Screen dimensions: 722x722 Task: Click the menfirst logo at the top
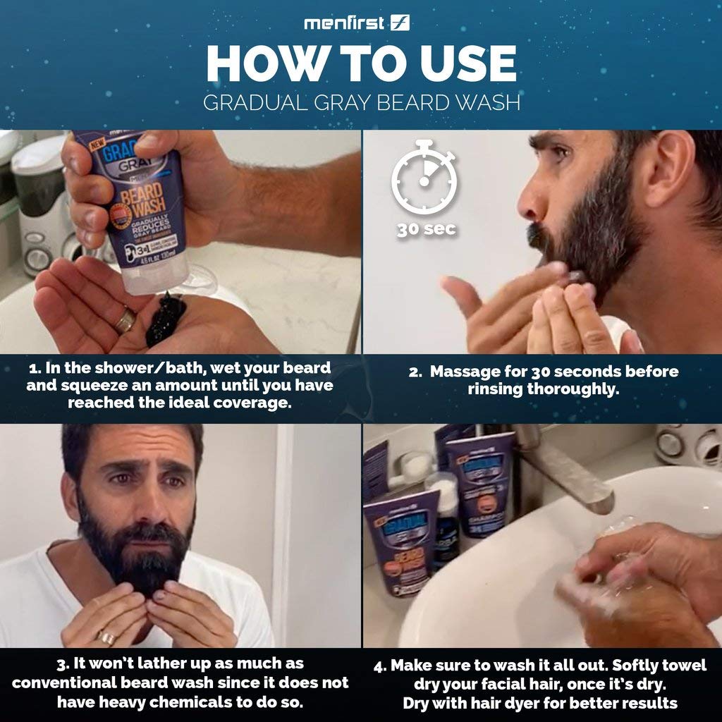[x=357, y=23]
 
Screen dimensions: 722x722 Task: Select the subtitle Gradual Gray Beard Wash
[x=361, y=103]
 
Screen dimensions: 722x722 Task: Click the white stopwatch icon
[x=424, y=180]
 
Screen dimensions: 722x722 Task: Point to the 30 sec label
[x=426, y=229]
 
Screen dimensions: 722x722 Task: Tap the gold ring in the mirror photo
[x=107, y=637]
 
